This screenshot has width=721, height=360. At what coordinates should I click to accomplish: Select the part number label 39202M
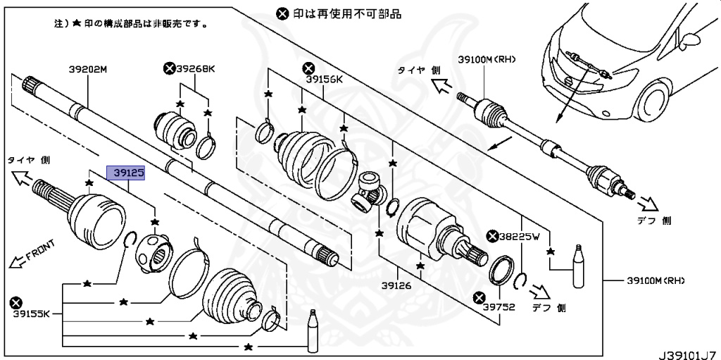click(87, 70)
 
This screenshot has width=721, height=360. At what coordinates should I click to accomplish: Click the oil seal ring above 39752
click(501, 271)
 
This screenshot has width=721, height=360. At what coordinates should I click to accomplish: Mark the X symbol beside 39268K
click(169, 68)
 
